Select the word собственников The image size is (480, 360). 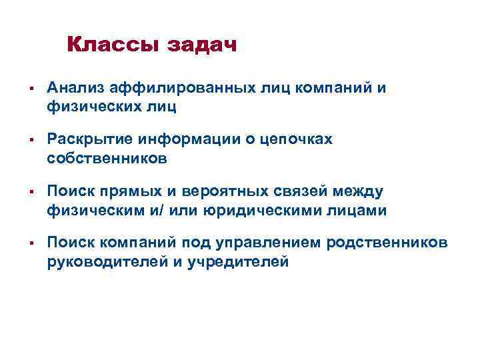click(x=107, y=158)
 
